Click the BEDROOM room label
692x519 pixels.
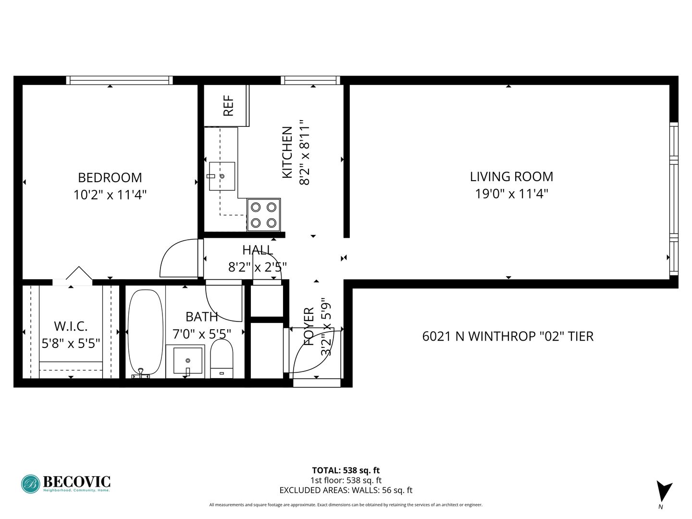coord(110,178)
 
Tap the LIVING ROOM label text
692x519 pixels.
coord(511,177)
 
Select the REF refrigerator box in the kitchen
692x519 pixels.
coord(226,106)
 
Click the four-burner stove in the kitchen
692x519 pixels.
coord(263,215)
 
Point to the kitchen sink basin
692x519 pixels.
coord(222,176)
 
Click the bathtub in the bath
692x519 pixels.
coord(145,332)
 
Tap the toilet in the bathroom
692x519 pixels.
coord(222,358)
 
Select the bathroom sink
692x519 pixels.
coord(188,360)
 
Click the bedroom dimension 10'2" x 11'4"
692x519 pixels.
coord(110,195)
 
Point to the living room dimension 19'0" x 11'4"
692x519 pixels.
coord(511,194)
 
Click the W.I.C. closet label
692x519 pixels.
coord(71,326)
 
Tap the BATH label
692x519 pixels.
coord(201,317)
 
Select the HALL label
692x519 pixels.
coord(258,250)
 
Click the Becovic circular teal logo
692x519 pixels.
coord(31,484)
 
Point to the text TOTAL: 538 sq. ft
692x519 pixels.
coord(346,470)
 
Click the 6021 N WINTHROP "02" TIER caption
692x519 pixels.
coord(508,336)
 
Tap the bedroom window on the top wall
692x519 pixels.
coord(120,80)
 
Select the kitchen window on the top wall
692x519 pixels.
coord(310,80)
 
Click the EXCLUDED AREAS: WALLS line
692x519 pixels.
coord(346,490)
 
